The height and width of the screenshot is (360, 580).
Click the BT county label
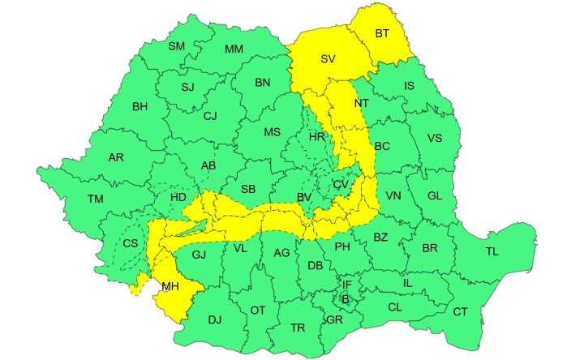coord(382,33)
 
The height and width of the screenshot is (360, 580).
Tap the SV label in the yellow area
coord(328,59)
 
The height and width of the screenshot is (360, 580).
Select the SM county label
coord(176,46)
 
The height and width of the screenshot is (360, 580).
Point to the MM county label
coord(234,49)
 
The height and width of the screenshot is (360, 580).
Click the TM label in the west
coord(96,199)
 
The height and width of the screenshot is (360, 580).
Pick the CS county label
coord(130,242)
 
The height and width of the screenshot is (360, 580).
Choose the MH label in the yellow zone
coord(170,286)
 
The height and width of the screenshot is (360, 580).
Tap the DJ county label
coord(214,319)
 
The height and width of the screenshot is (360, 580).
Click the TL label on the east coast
coord(492,251)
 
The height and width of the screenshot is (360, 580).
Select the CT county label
coord(460,312)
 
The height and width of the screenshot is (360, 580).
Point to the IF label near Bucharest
coord(346,285)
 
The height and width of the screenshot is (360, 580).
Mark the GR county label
coord(333,319)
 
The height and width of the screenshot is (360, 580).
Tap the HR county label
coord(316,137)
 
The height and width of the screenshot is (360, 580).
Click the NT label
coord(361,104)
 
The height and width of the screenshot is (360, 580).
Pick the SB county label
coord(248,190)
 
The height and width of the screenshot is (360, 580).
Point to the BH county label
coord(140,106)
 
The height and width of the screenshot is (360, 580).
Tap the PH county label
coord(342,246)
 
